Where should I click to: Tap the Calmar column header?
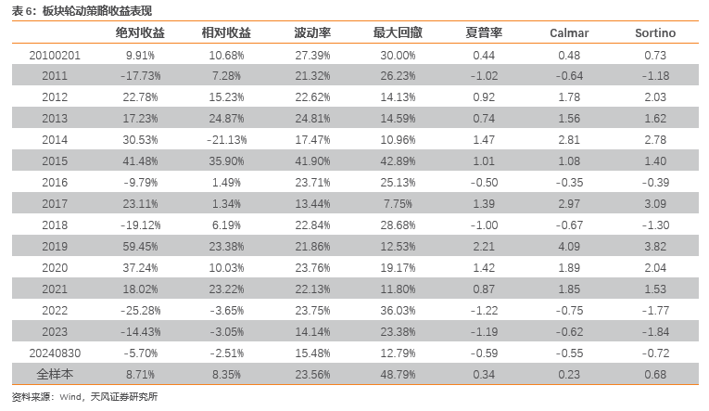point(569,33)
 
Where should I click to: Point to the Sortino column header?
point(655,33)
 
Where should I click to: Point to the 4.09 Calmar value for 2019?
point(569,246)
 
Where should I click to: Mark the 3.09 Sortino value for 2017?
point(655,203)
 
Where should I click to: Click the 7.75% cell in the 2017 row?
point(398,203)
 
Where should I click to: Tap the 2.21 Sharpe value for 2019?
point(484,246)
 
